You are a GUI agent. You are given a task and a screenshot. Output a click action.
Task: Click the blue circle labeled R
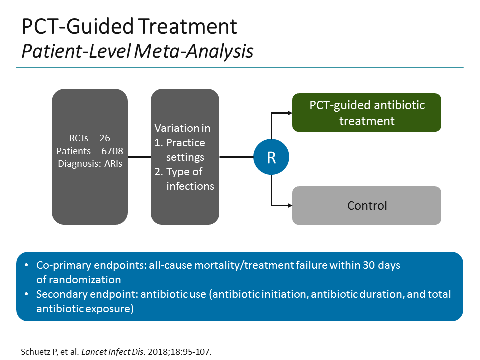click(271, 157)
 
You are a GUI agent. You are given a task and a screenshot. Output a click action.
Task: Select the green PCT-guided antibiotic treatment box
click(366, 113)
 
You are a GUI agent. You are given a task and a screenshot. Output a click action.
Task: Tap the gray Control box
click(366, 205)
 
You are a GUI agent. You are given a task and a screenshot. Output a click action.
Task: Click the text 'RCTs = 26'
click(90, 139)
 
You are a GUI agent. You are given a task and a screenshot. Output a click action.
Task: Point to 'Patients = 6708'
click(90, 150)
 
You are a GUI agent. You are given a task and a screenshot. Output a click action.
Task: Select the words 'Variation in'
click(182, 128)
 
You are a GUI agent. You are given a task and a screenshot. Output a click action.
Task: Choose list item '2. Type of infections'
click(184, 179)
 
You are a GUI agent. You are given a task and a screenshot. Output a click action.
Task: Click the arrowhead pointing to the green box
click(288, 113)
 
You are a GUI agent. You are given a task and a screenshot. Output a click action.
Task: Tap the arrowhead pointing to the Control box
click(288, 205)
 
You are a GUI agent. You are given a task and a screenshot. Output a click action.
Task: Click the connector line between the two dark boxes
click(139, 157)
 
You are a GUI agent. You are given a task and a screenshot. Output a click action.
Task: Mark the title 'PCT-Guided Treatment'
click(129, 27)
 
